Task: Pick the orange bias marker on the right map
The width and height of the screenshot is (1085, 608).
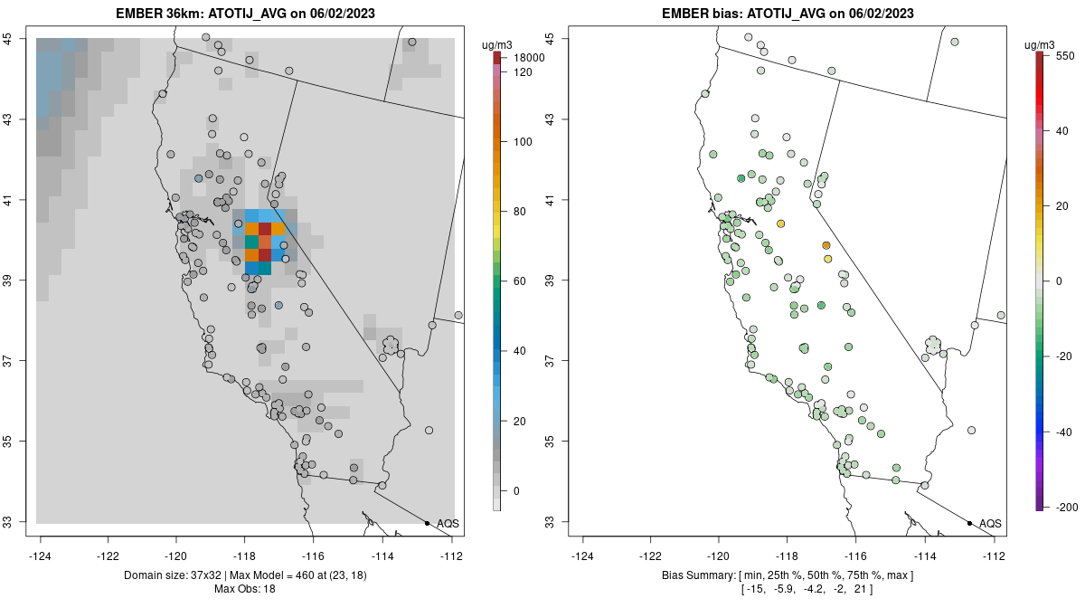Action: [826, 245]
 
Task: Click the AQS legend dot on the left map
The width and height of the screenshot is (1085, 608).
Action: [427, 523]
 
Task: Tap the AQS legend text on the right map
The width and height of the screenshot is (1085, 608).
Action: [990, 524]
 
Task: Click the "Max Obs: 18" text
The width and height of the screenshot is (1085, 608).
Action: [244, 589]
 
